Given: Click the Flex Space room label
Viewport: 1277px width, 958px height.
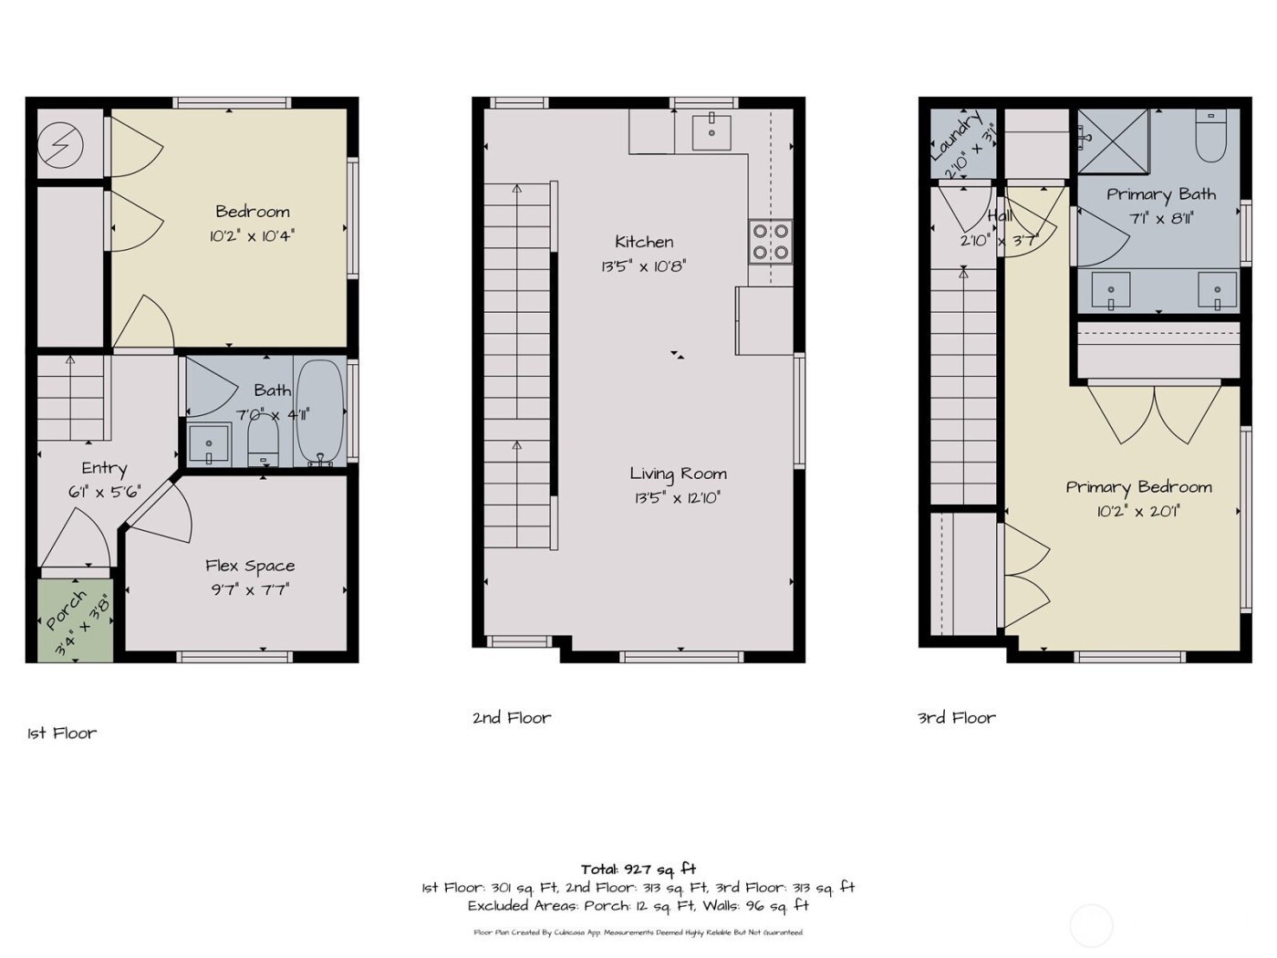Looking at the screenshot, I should tap(250, 566).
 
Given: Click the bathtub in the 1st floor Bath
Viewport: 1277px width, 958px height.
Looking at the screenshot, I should tap(321, 412).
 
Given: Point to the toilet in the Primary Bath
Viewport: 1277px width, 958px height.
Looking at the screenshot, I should tap(1211, 136).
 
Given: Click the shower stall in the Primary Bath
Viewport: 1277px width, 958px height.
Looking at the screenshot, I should tap(1113, 141).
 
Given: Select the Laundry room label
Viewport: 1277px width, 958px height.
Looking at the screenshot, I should tap(955, 136).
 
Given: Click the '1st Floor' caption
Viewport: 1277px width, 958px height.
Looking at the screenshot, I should tap(62, 734).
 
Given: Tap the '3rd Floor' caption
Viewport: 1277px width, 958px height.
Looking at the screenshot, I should tap(956, 718).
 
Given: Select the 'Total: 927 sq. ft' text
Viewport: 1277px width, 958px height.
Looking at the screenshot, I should tap(638, 869).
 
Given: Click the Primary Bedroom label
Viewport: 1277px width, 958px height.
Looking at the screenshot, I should tap(1138, 487).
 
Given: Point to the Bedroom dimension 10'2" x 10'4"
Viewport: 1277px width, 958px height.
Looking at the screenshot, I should tap(252, 236).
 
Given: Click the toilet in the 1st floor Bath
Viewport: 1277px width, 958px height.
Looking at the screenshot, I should tap(263, 443).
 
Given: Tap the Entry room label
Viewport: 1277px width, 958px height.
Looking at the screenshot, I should tap(104, 468).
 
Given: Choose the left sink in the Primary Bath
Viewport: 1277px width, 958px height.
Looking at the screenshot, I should tap(1111, 291).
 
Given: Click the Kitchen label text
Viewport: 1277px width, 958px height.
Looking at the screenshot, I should tap(644, 242).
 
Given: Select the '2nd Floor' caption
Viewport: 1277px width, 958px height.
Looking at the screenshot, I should tap(512, 718).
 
